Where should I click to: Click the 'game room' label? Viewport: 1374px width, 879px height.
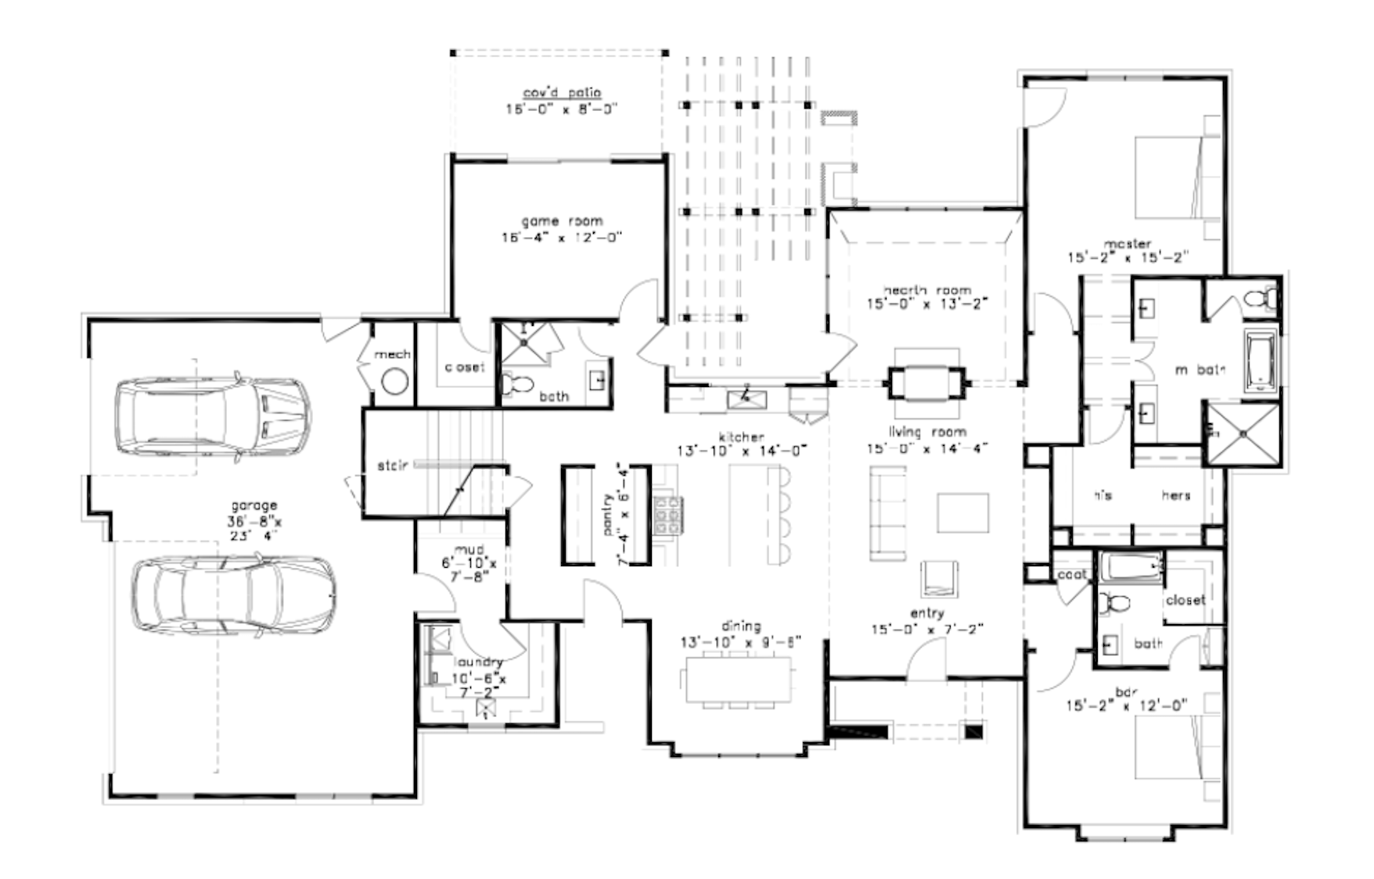(561, 221)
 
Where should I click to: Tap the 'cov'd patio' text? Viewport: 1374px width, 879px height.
(562, 93)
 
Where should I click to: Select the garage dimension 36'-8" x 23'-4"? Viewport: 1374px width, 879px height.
(254, 528)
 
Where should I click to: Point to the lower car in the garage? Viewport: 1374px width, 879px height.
(232, 594)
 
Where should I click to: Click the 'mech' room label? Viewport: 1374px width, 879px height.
(392, 354)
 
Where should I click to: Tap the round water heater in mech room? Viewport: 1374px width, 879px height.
(394, 382)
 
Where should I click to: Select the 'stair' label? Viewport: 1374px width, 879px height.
(392, 465)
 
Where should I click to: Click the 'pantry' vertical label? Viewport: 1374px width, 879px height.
(607, 515)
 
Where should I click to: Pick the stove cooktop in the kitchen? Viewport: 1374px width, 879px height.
(667, 515)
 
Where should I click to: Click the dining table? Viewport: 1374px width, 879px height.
(739, 679)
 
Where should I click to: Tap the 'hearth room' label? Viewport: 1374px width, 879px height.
(927, 290)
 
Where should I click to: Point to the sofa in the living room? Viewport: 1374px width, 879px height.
(887, 514)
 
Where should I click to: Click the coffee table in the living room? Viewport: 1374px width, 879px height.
(962, 512)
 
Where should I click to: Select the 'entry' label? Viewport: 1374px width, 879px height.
(927, 613)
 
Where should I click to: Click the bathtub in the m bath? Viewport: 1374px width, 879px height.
(1261, 361)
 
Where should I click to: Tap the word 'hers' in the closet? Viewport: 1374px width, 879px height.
(1176, 495)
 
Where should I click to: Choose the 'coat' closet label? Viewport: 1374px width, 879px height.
(1072, 575)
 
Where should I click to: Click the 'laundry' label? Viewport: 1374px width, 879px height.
(477, 662)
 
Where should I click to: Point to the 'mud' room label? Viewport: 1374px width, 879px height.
(469, 550)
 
